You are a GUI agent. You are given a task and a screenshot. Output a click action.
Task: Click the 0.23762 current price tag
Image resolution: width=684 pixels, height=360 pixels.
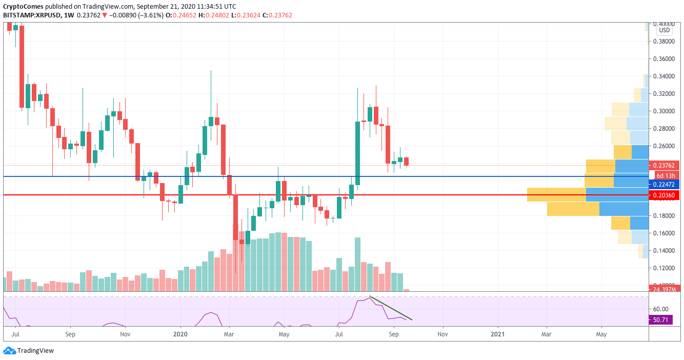pyautogui.click(x=664, y=166)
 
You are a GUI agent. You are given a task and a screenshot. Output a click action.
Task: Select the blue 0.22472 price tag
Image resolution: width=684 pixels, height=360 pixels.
pyautogui.click(x=664, y=184)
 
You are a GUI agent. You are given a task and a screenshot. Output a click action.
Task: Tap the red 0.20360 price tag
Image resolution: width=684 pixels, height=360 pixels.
pyautogui.click(x=664, y=195)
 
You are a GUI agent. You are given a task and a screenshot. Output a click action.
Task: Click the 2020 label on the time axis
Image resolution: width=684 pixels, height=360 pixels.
pyautogui.click(x=180, y=334)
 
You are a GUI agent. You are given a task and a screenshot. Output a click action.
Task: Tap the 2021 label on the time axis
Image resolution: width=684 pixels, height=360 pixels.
pyautogui.click(x=497, y=334)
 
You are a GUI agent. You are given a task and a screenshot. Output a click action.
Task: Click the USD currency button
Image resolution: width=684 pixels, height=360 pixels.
pyautogui.click(x=665, y=30)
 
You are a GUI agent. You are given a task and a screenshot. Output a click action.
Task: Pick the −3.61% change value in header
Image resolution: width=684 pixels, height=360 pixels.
pyautogui.click(x=152, y=15)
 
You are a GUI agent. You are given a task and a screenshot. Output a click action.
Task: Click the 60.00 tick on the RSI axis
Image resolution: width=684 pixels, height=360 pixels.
pyautogui.click(x=661, y=309)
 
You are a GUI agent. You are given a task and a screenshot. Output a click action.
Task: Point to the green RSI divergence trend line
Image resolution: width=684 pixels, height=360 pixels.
pyautogui.click(x=391, y=308)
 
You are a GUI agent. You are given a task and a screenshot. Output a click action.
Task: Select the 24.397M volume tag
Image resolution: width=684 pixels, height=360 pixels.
pyautogui.click(x=665, y=289)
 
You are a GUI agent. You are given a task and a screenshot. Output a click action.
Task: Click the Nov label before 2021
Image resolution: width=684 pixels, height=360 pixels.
pyautogui.click(x=442, y=334)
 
